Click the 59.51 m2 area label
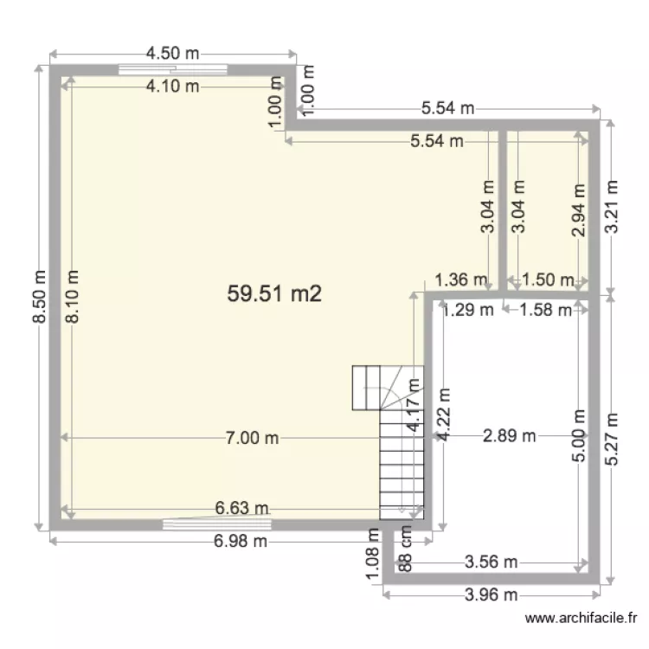[274, 294]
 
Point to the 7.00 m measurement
[252, 438]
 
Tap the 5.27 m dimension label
[614, 439]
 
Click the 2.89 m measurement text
[510, 436]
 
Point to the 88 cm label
[404, 549]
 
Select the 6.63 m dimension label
[241, 508]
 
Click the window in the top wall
[174, 70]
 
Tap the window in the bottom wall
[217, 524]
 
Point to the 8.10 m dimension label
[72, 295]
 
